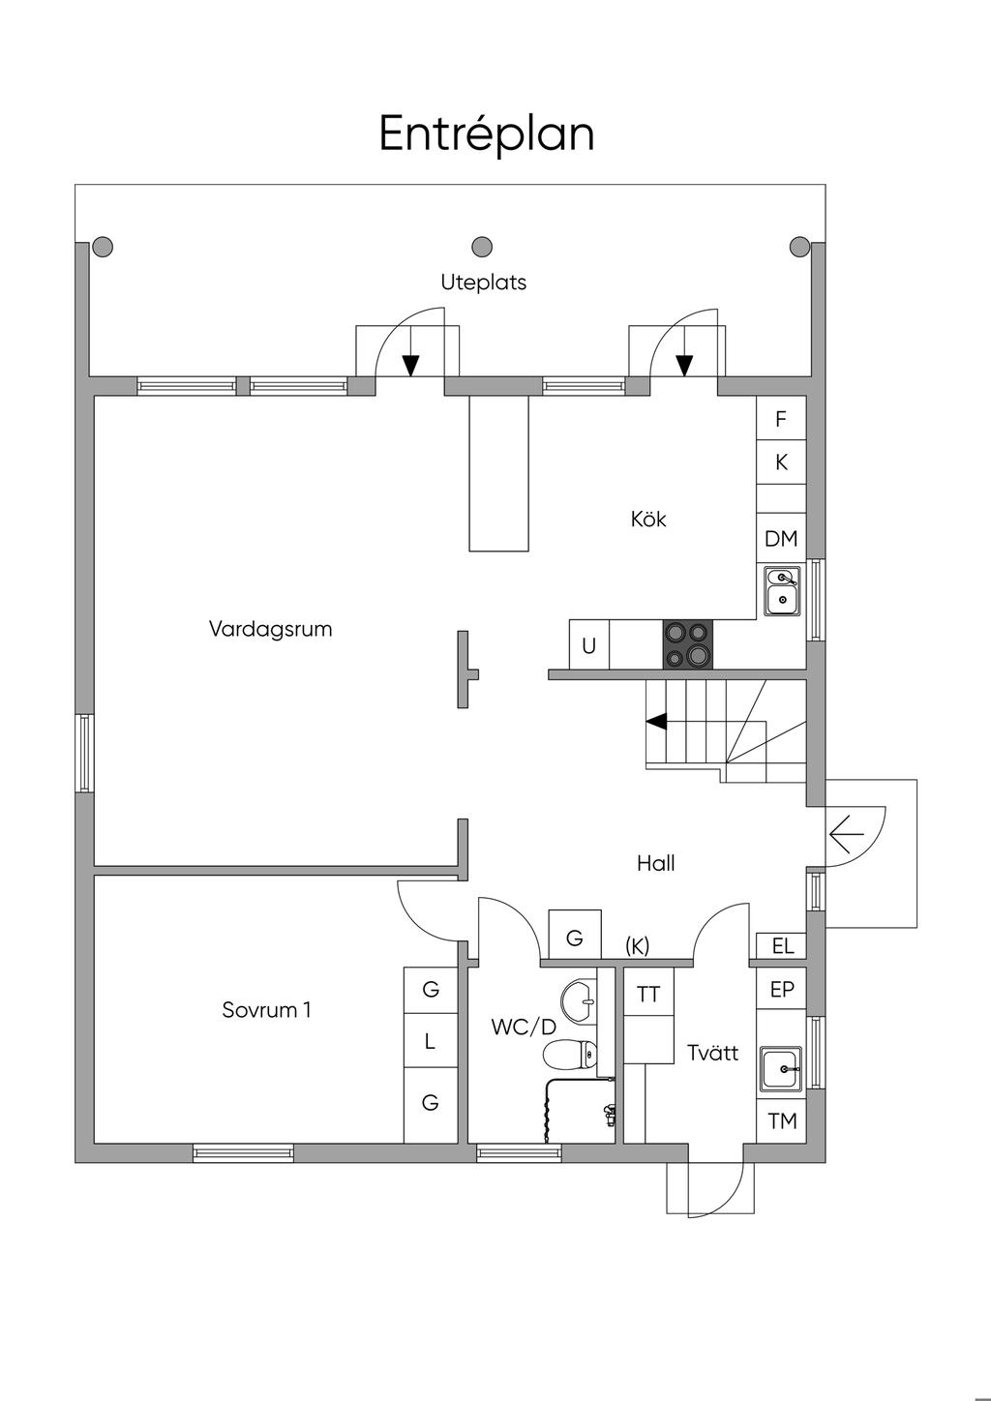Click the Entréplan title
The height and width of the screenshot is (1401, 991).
click(486, 134)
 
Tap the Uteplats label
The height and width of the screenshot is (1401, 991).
click(483, 283)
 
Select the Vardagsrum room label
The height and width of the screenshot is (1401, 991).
click(270, 629)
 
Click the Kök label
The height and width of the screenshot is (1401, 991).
click(648, 519)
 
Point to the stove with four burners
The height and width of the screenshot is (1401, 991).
click(687, 643)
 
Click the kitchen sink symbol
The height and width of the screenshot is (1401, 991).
click(781, 590)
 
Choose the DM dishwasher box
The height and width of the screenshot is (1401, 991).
click(781, 538)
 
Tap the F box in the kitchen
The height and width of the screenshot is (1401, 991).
click(781, 418)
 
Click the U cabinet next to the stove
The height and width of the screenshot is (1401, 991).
click(588, 644)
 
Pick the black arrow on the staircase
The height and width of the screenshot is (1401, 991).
click(656, 722)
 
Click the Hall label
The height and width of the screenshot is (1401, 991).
click(655, 864)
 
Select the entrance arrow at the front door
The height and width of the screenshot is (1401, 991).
click(847, 834)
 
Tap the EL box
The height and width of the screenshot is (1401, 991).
click(781, 945)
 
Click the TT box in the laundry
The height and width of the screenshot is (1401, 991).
click(648, 994)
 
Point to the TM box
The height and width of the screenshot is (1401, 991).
click(781, 1121)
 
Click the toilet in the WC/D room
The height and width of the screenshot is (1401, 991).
click(568, 1055)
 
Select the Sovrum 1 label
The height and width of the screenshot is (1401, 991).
click(266, 1010)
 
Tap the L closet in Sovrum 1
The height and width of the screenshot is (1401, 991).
click(431, 1040)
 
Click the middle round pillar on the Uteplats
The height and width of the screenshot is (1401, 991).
click(481, 247)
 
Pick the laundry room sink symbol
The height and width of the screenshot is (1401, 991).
click(781, 1069)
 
